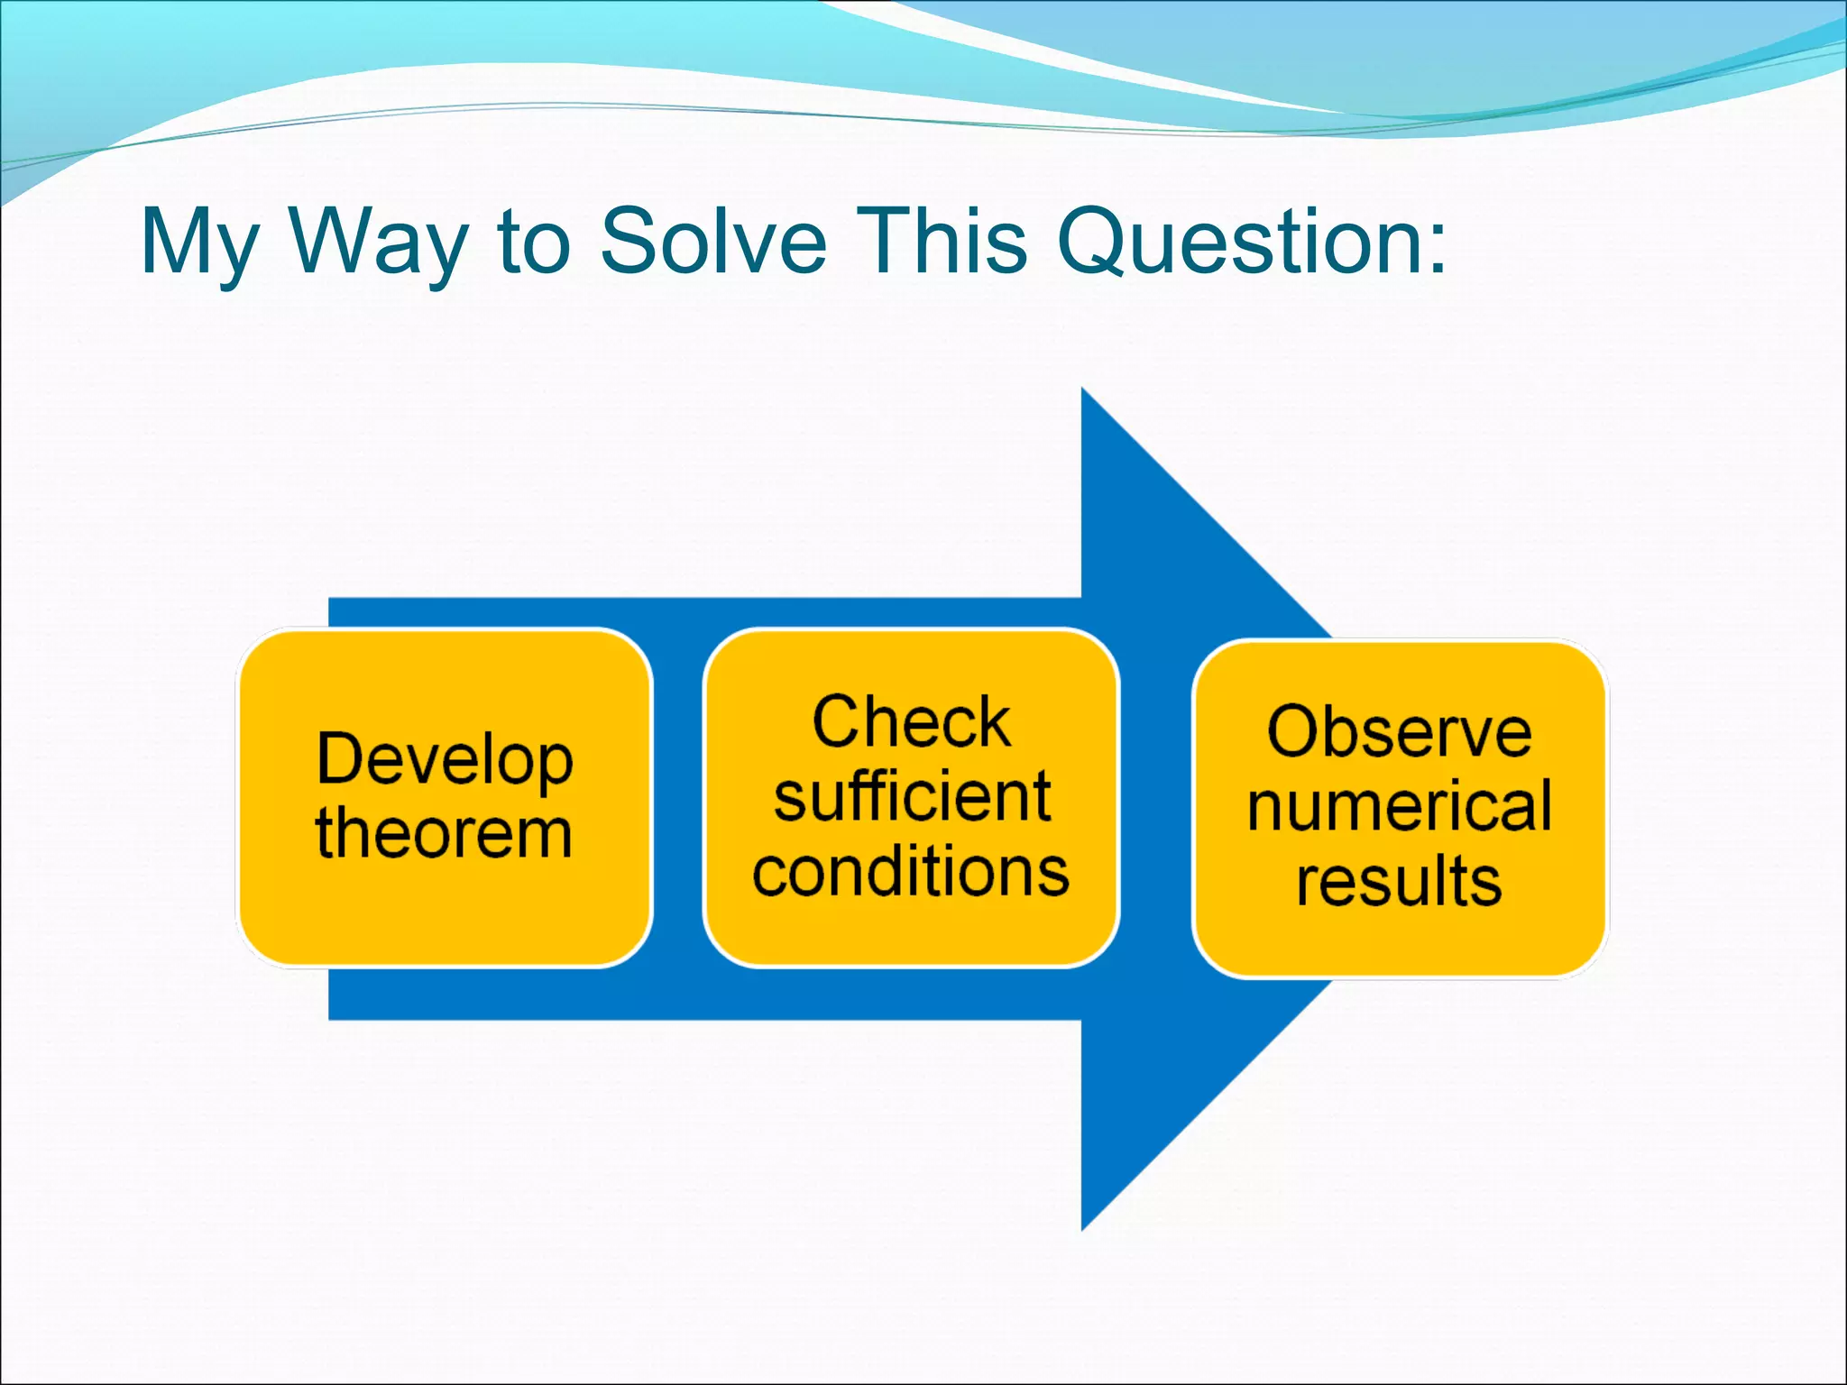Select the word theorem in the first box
coord(444,834)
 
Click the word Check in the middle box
coord(911,722)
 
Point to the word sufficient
coord(912,797)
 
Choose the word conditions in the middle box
coord(911,872)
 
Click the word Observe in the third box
coord(1399,731)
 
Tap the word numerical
coord(1400,806)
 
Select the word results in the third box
coord(1399,881)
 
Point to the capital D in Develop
coord(340,758)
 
